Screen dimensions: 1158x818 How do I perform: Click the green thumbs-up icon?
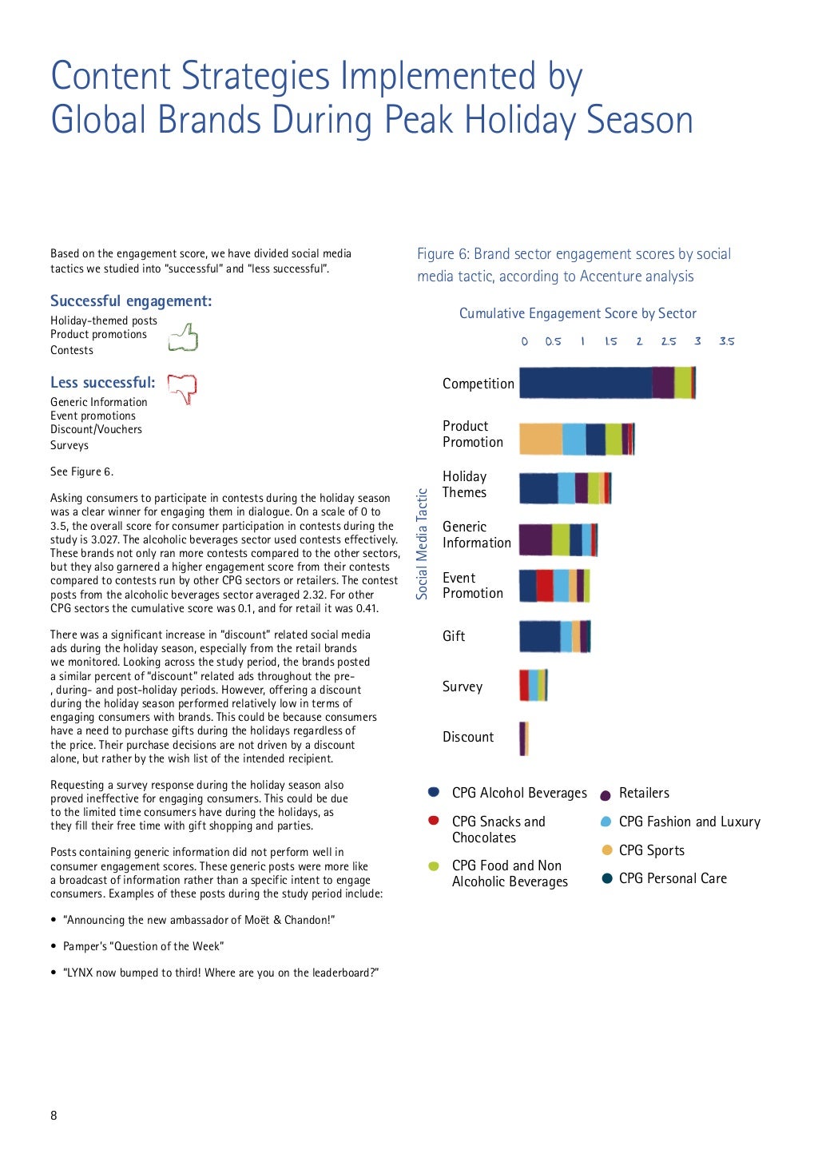click(x=184, y=337)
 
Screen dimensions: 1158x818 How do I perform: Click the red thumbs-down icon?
click(x=183, y=388)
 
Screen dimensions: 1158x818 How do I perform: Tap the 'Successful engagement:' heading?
click(x=131, y=301)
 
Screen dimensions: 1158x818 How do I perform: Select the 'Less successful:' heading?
click(x=103, y=383)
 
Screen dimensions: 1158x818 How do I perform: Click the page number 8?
click(x=54, y=1116)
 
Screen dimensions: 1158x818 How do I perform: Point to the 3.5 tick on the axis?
click(x=726, y=341)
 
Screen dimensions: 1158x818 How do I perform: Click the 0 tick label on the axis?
click(x=524, y=341)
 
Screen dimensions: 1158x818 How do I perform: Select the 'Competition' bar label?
click(x=478, y=384)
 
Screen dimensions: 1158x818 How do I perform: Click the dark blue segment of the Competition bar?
click(x=586, y=383)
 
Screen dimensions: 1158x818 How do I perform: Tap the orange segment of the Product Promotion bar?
click(x=541, y=440)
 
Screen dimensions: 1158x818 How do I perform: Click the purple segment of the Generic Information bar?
click(x=535, y=539)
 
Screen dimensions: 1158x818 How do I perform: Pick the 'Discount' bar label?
click(x=468, y=737)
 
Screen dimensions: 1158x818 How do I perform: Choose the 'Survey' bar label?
click(x=463, y=686)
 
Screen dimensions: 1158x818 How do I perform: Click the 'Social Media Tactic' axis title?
click(x=423, y=544)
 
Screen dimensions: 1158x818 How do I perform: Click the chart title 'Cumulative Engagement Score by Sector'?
click(x=578, y=313)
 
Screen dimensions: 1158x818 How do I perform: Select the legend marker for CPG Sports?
click(x=607, y=850)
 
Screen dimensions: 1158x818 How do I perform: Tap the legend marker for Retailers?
click(x=606, y=794)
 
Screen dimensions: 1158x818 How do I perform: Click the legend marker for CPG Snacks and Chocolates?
click(x=434, y=821)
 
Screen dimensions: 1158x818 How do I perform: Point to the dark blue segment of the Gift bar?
click(x=540, y=636)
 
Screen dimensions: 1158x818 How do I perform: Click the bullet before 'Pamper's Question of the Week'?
click(x=54, y=946)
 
